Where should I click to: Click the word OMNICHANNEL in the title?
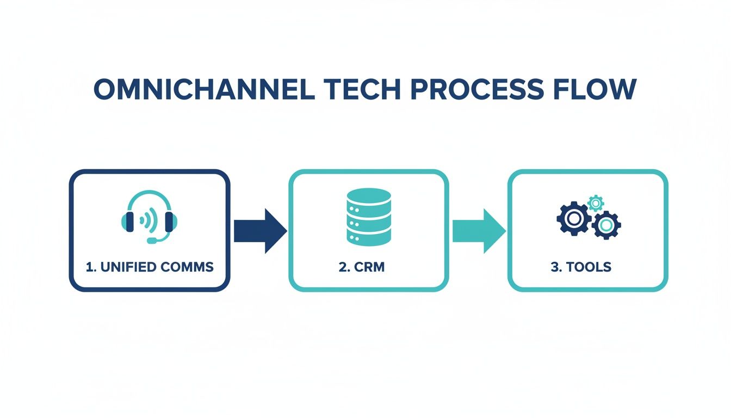coord(204,90)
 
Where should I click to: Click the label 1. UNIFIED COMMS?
coord(150,267)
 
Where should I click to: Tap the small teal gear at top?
coord(596,203)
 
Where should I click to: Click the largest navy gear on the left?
coord(573,219)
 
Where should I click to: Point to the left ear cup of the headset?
coord(128,222)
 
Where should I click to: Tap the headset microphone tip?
coord(151,240)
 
